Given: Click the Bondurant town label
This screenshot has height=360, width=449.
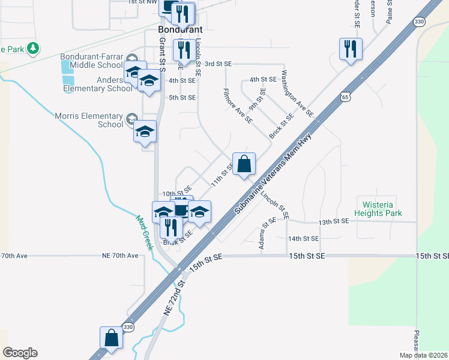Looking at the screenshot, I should (180, 29).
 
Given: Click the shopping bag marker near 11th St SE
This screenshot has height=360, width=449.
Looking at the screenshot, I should (244, 165).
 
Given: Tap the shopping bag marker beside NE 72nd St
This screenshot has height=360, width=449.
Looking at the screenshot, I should (112, 338).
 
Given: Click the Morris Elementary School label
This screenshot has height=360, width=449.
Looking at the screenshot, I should (89, 120).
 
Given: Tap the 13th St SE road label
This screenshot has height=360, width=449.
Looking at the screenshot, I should (334, 222).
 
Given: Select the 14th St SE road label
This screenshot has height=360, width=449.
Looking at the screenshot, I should (303, 238).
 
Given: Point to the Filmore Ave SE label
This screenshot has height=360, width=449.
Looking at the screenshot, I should (238, 106).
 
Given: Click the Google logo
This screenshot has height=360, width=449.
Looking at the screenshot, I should (20, 353).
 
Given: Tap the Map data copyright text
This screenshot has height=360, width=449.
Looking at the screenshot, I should (423, 355).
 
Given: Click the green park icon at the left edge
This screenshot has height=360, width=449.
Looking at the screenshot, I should (34, 48).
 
